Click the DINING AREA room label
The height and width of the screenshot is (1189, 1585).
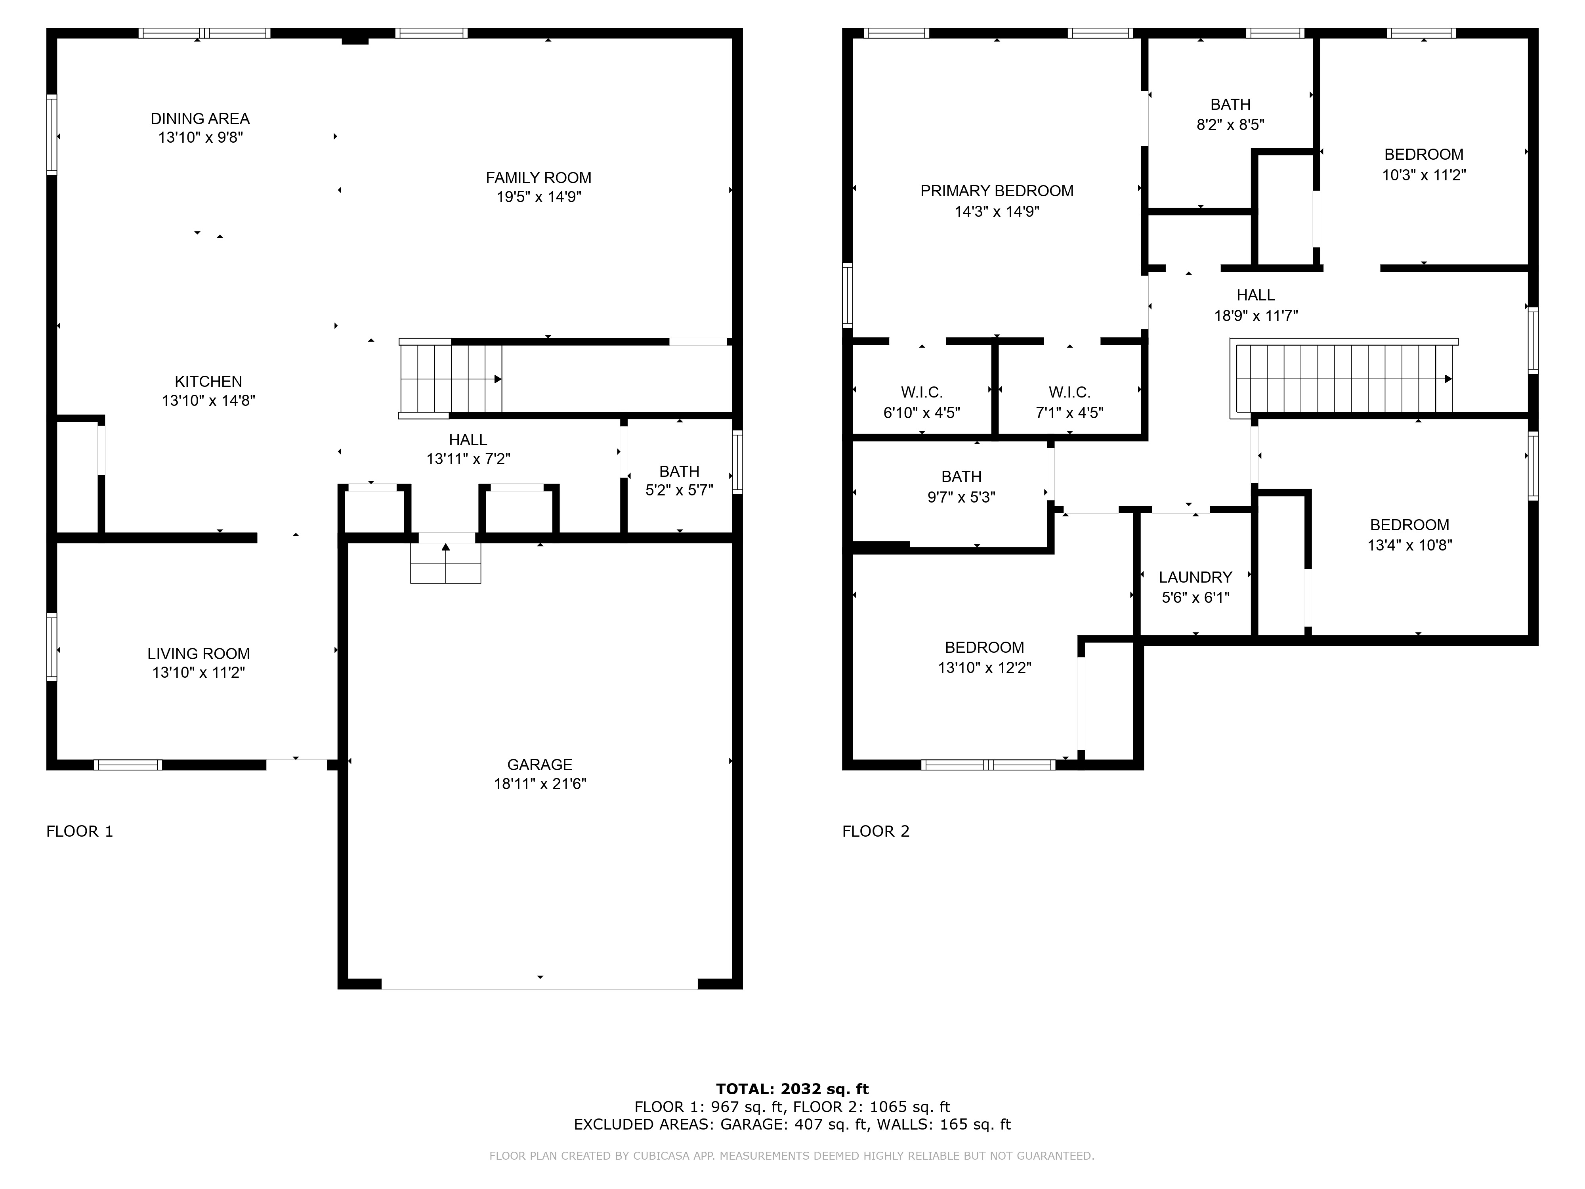point(200,119)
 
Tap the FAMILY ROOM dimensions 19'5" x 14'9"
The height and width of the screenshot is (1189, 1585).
point(539,196)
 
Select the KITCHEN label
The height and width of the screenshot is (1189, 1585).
point(208,381)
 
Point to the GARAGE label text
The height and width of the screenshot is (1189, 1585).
point(540,765)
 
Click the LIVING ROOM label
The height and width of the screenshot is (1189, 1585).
point(199,654)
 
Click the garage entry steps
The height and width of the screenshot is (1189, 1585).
point(446,563)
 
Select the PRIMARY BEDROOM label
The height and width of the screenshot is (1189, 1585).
point(997,191)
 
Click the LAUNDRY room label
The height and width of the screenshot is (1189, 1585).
point(1195,577)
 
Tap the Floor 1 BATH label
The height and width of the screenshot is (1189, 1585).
point(679,472)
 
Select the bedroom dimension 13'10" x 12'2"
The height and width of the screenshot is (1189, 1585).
point(985,668)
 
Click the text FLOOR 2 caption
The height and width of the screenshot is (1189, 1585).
point(876,832)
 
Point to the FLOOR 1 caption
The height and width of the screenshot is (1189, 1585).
point(80,832)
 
